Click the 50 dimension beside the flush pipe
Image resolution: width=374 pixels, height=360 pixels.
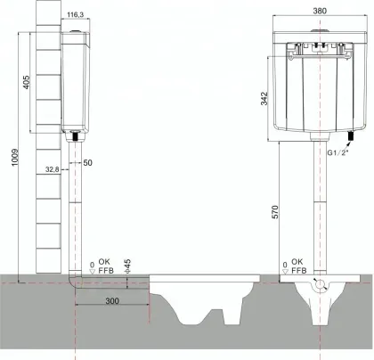(88, 164)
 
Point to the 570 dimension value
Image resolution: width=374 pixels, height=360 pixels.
(275, 212)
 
